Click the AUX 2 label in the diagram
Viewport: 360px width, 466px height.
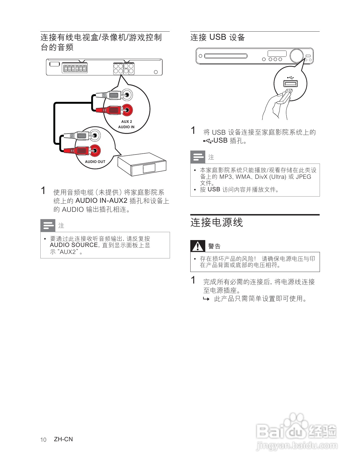pos(126,121)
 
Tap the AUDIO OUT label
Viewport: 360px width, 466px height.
pos(95,162)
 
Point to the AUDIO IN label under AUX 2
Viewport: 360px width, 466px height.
pos(126,127)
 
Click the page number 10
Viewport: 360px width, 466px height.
pos(43,440)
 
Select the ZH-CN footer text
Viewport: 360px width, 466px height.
pos(63,439)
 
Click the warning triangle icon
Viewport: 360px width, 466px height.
pos(198,246)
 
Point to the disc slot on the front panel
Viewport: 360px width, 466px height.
pos(226,56)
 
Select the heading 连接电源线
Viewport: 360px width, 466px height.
pos(217,223)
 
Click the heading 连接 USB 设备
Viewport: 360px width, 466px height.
pos(217,37)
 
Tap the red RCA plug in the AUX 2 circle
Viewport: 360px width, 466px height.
pos(113,110)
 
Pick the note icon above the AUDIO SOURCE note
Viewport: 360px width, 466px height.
pos(48,225)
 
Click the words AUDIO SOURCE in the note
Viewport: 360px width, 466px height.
pos(74,245)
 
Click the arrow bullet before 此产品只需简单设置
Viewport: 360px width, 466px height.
pos(206,299)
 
